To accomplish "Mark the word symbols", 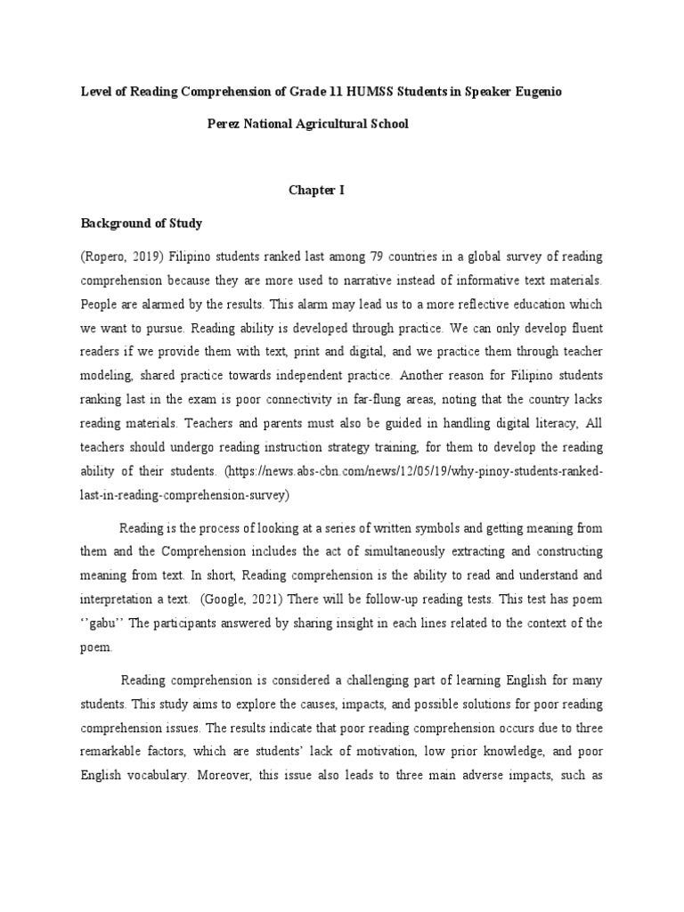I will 421,528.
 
